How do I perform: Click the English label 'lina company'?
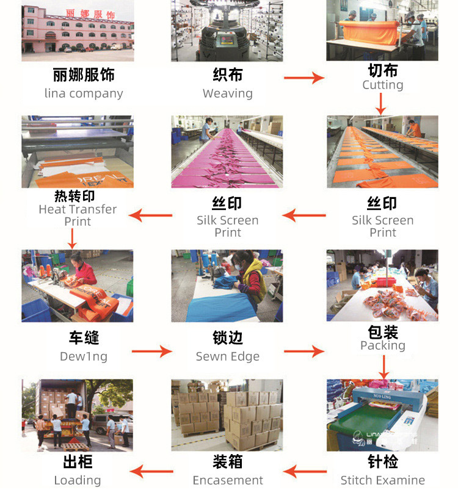pos(84,93)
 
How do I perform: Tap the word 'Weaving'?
pos(227,93)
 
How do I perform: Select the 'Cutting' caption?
pos(382,85)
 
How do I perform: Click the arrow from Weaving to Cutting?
pos(304,78)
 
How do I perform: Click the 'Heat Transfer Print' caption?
pos(78,215)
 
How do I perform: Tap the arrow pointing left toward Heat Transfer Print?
pos(151,215)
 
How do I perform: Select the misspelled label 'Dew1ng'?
pos(84,356)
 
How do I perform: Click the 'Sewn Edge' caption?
pos(227,356)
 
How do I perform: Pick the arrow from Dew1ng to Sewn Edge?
pos(152,351)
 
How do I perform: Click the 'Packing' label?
pos(382,345)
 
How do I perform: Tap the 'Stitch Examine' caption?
pos(382,480)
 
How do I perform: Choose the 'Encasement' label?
pos(227,480)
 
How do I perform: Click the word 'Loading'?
pos(78,480)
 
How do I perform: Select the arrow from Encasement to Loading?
pos(151,471)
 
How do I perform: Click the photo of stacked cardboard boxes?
pos(227,415)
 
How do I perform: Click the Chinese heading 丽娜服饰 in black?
pos(84,75)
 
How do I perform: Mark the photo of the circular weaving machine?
pos(227,31)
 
